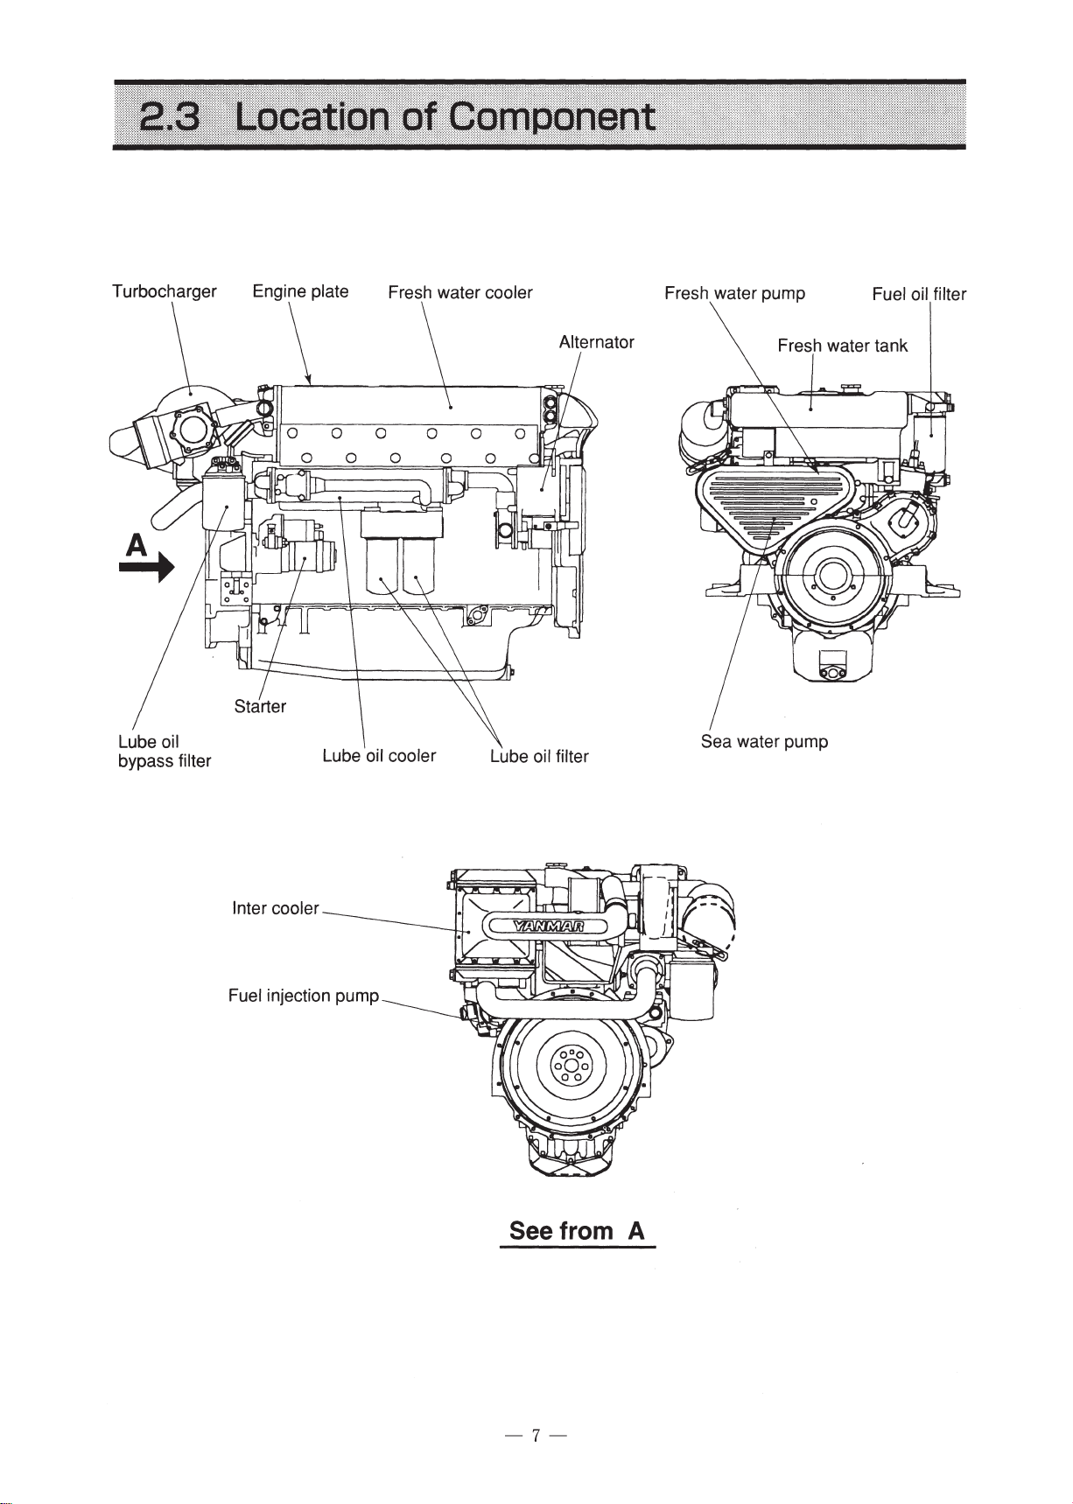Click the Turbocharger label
[164, 292]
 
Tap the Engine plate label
[300, 291]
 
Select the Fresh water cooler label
[459, 292]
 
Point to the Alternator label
[596, 342]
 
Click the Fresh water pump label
[734, 293]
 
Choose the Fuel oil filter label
[918, 294]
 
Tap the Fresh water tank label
[842, 346]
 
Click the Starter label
[260, 706]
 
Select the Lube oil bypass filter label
[164, 752]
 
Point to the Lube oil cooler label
[378, 756]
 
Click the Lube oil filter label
[539, 757]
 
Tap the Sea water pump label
[764, 742]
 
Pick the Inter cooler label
[275, 908]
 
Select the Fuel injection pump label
[303, 996]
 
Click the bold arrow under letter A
[146, 570]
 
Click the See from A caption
[577, 1231]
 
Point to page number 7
[536, 1435]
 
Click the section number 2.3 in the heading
[171, 116]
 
